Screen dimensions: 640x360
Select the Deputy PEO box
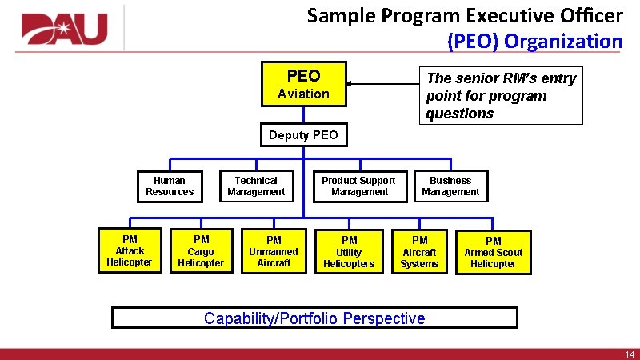click(303, 135)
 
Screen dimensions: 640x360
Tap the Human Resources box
click(170, 186)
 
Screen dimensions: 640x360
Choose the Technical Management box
click(256, 186)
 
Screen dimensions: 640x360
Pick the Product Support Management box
click(359, 186)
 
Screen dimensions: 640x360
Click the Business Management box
click(450, 186)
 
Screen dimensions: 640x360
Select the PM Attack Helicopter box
click(130, 250)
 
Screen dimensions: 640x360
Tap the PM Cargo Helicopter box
click(201, 251)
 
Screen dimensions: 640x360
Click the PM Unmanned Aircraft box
click(274, 251)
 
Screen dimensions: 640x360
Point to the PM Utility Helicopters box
click(349, 252)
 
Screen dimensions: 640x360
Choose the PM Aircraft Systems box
click(420, 252)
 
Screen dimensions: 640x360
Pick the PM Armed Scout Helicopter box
click(494, 252)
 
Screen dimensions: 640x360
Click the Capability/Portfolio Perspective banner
click(314, 318)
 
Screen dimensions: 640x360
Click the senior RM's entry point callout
click(501, 95)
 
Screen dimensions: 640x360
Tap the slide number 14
click(629, 354)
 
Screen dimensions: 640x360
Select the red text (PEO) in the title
click(475, 41)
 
